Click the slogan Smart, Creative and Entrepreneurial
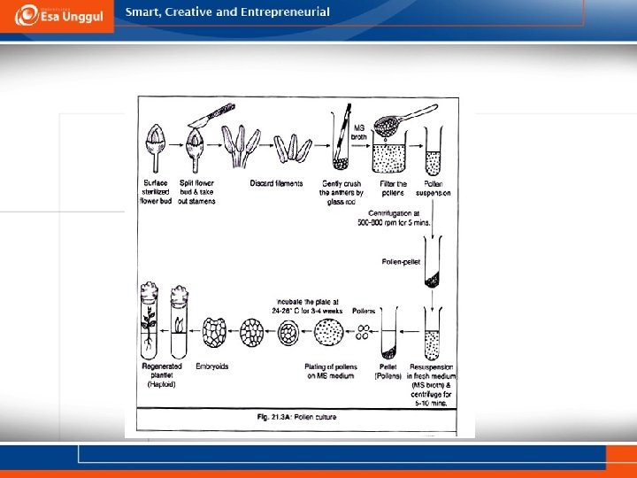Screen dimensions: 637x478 pos(227,12)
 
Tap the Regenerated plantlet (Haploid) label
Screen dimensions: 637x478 pos(161,374)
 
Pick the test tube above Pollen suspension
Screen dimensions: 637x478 pos(433,150)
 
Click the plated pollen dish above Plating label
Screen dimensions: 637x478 pos(329,335)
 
